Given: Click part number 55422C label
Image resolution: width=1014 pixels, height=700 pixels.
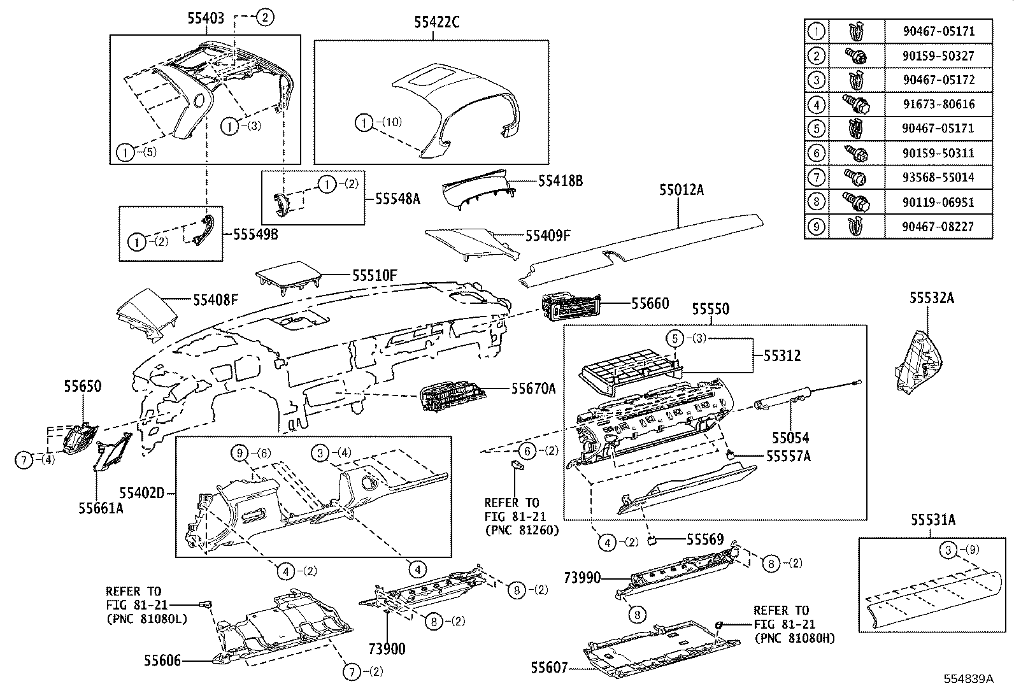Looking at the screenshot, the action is tap(436, 22).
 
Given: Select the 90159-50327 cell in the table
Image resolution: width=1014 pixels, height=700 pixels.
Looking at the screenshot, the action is tap(938, 55).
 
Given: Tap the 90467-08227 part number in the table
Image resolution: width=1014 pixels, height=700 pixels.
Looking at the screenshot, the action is tap(938, 226).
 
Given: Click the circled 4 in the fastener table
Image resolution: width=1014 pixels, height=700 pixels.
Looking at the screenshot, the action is tap(816, 104).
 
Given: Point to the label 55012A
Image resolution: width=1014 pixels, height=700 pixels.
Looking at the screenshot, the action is tap(681, 190).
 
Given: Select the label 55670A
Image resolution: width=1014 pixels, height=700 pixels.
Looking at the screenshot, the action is tap(533, 388).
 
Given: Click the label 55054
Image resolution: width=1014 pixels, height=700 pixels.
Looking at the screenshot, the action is tap(790, 438).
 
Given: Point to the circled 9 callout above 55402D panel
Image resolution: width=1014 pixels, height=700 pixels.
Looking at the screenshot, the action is tap(239, 453).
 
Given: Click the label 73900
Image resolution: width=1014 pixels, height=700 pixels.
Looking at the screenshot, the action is tap(387, 648).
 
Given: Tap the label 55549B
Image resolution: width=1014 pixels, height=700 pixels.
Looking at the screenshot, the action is tap(255, 234).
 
